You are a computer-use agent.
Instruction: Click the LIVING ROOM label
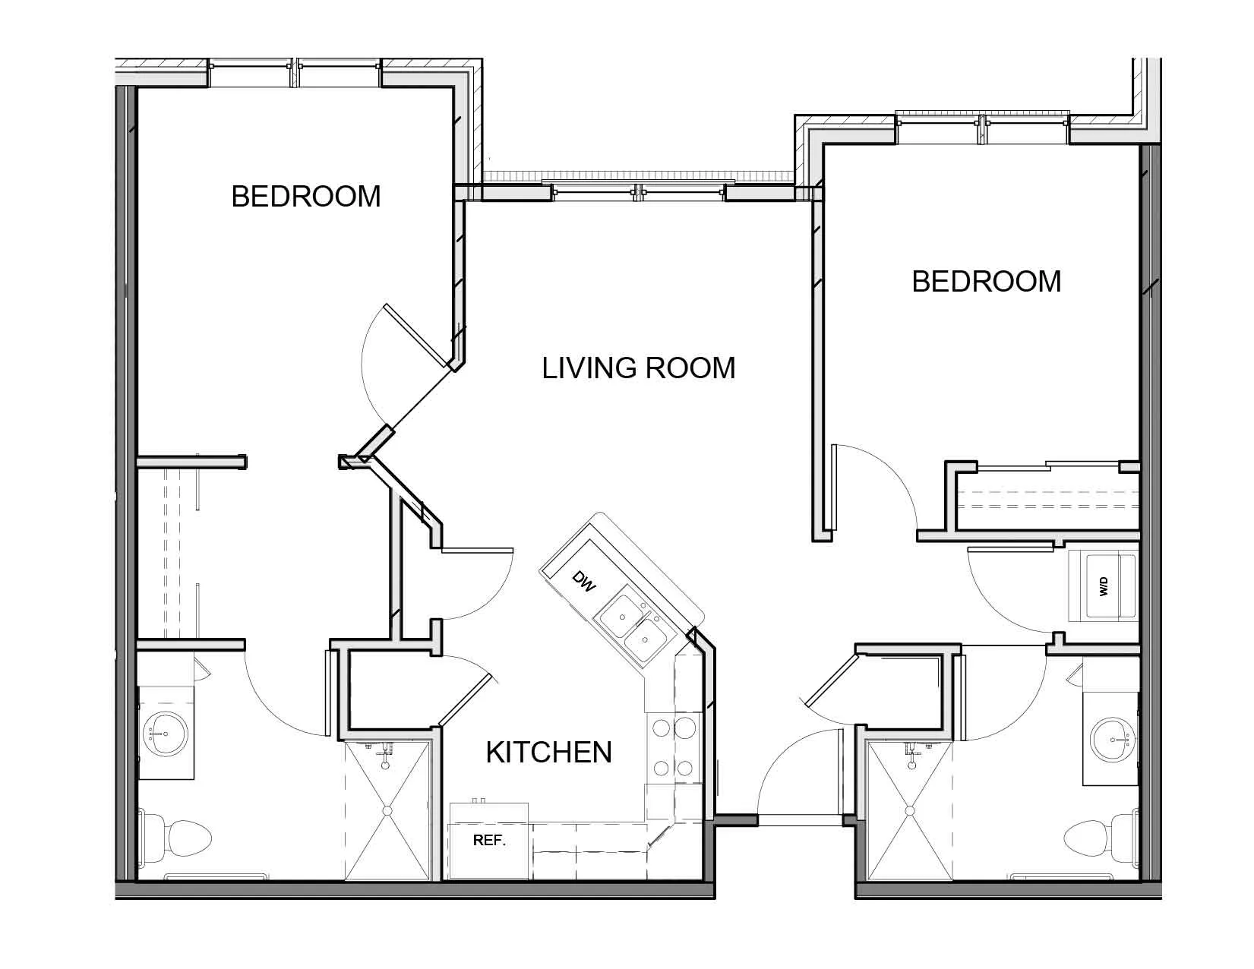click(638, 368)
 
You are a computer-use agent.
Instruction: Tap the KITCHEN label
click(549, 752)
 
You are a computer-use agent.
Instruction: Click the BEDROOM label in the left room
click(306, 197)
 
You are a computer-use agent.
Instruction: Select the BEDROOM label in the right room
click(986, 282)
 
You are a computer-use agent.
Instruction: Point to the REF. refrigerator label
click(489, 841)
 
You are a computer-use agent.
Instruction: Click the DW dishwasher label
click(583, 582)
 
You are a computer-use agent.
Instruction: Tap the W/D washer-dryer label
click(1104, 587)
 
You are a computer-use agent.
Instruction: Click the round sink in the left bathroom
click(165, 734)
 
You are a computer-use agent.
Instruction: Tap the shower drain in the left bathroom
click(387, 811)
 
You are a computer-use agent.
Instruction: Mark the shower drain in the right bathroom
click(910, 811)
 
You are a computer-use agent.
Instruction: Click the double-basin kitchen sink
click(633, 630)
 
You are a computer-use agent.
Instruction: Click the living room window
click(638, 193)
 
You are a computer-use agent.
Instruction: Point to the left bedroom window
click(295, 73)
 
